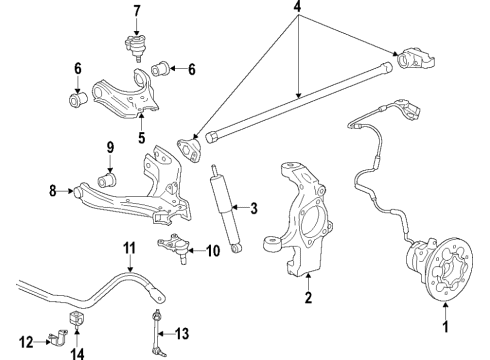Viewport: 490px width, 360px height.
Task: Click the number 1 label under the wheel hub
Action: coord(445,325)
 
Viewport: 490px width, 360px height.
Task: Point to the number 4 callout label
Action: coord(298,10)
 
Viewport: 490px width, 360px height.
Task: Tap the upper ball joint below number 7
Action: coord(135,47)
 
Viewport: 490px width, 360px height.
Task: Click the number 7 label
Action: coord(136,11)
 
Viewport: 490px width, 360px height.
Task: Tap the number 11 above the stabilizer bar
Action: coord(128,247)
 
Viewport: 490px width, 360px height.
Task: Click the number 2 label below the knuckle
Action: coord(309,297)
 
